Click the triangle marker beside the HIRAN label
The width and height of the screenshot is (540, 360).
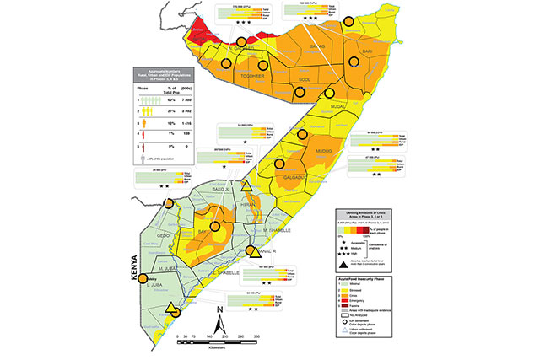(x=246, y=186)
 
